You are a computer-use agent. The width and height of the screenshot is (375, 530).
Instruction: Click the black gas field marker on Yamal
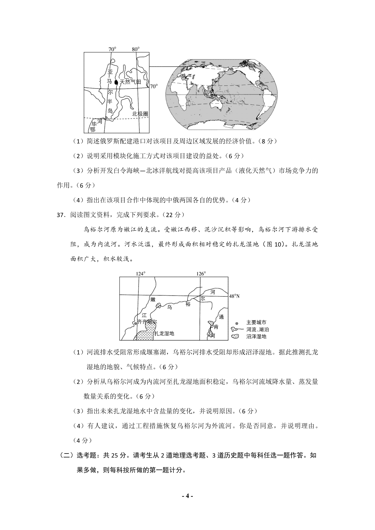pyautogui.click(x=116, y=82)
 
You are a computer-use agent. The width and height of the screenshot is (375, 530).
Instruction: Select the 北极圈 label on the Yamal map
pyautogui.click(x=139, y=114)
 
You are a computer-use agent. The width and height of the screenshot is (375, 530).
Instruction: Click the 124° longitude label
pyautogui.click(x=140, y=274)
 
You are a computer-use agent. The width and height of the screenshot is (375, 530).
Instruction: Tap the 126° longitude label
pyautogui.click(x=201, y=274)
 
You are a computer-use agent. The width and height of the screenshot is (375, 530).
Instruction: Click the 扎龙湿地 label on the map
pyautogui.click(x=164, y=333)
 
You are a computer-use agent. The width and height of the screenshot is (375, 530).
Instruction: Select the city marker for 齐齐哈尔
pyautogui.click(x=135, y=323)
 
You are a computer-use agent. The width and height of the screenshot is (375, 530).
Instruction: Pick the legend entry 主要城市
pyautogui.click(x=256, y=322)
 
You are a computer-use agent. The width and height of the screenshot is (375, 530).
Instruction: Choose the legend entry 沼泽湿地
pyautogui.click(x=256, y=336)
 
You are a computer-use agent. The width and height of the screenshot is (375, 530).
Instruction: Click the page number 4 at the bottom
pyautogui.click(x=187, y=496)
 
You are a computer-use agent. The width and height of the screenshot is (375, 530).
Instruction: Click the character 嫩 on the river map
pyautogui.click(x=153, y=299)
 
